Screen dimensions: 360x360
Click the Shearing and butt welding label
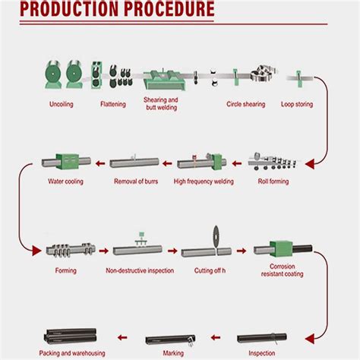click(161, 104)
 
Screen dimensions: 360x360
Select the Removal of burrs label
click(135, 182)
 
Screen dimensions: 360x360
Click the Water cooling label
click(65, 182)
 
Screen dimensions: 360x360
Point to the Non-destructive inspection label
click(140, 270)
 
